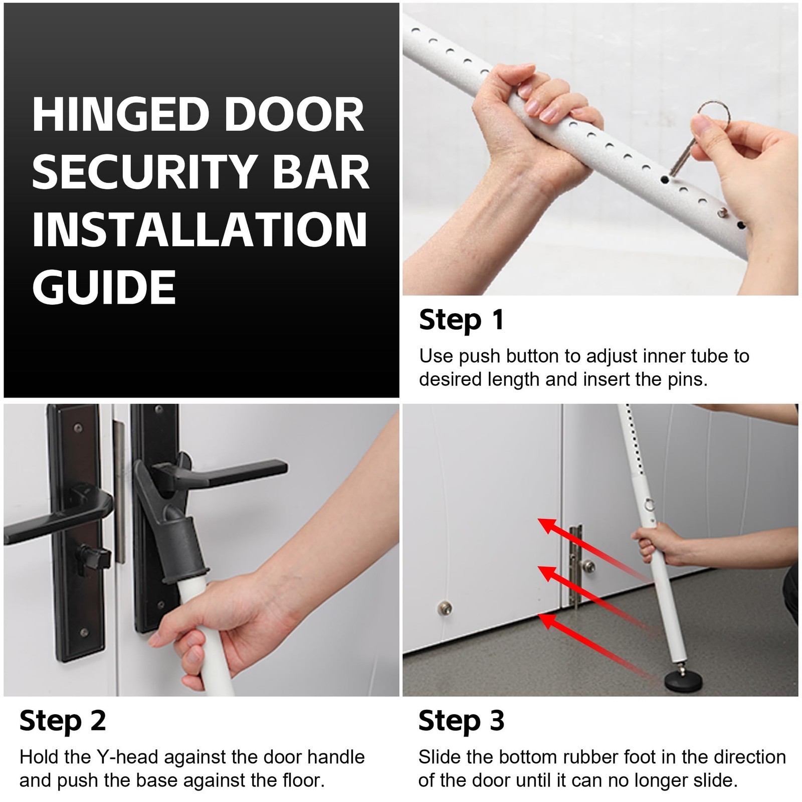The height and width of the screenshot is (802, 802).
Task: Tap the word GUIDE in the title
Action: coord(104,287)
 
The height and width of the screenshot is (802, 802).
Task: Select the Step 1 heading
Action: coord(461,320)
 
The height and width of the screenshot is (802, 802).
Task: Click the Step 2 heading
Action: coord(63,721)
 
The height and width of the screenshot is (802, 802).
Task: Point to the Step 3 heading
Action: coord(461,721)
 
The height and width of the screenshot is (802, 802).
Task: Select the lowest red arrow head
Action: coord(547,621)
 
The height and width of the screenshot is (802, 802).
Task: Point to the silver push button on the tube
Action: coord(722,213)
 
